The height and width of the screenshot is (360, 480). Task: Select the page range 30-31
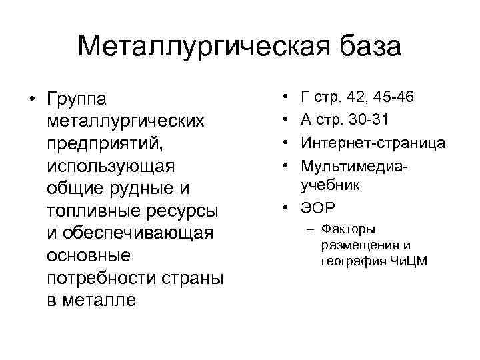coord(376,120)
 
